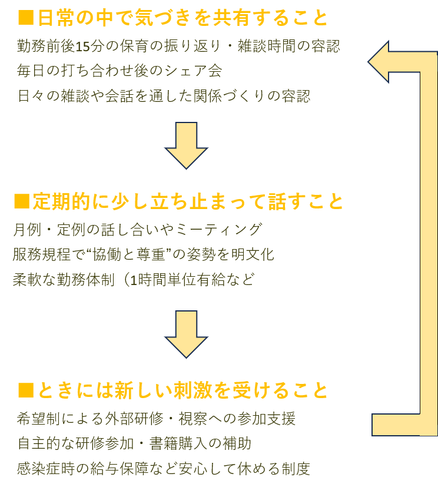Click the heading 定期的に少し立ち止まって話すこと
[x=187, y=202]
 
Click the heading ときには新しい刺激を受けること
[x=182, y=390]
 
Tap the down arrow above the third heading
[x=187, y=333]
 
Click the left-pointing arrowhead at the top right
[x=381, y=61]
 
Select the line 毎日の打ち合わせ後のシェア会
[x=120, y=71]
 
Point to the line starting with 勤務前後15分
[x=178, y=46]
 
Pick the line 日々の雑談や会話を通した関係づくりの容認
[x=164, y=95]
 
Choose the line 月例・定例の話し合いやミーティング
[x=137, y=229]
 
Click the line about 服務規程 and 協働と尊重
[x=143, y=254]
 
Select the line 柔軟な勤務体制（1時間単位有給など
[x=134, y=280]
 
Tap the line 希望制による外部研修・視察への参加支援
[x=157, y=419]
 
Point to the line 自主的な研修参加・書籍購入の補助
[x=135, y=443]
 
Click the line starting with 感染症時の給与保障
[x=164, y=469]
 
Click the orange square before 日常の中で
[x=25, y=18]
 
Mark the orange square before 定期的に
[x=21, y=202]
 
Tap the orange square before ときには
[x=25, y=390]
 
